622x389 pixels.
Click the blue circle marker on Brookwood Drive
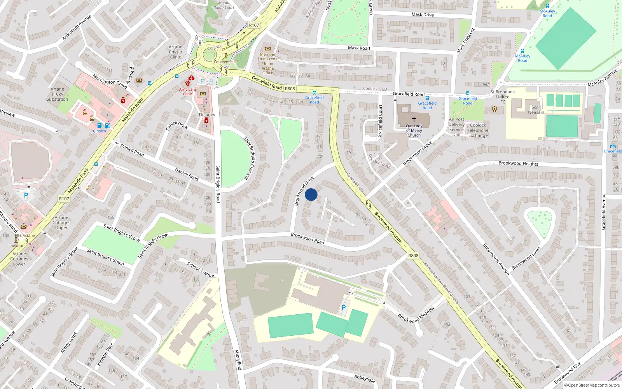tap(311, 194)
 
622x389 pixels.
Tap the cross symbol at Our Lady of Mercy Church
tap(414, 119)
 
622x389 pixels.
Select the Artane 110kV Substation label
tap(57, 94)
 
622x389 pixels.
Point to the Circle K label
tap(100, 131)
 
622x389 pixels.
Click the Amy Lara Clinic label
tap(188, 91)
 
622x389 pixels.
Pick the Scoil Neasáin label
tap(536, 110)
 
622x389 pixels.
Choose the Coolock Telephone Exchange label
tap(478, 130)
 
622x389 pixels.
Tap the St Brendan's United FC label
tap(503, 97)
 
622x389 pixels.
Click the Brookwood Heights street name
tap(518, 163)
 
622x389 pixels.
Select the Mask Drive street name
tap(423, 14)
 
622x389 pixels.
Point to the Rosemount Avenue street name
tap(496, 259)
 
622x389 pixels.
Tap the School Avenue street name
tap(201, 269)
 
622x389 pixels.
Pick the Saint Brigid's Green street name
tap(105, 257)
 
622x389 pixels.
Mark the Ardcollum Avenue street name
tap(77, 27)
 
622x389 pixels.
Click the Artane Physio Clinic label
tap(175, 52)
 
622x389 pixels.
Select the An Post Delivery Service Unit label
tap(456, 127)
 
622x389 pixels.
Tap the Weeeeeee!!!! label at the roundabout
tap(225, 61)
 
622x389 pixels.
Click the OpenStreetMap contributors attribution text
tap(594, 385)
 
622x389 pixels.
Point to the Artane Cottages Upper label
tap(61, 223)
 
